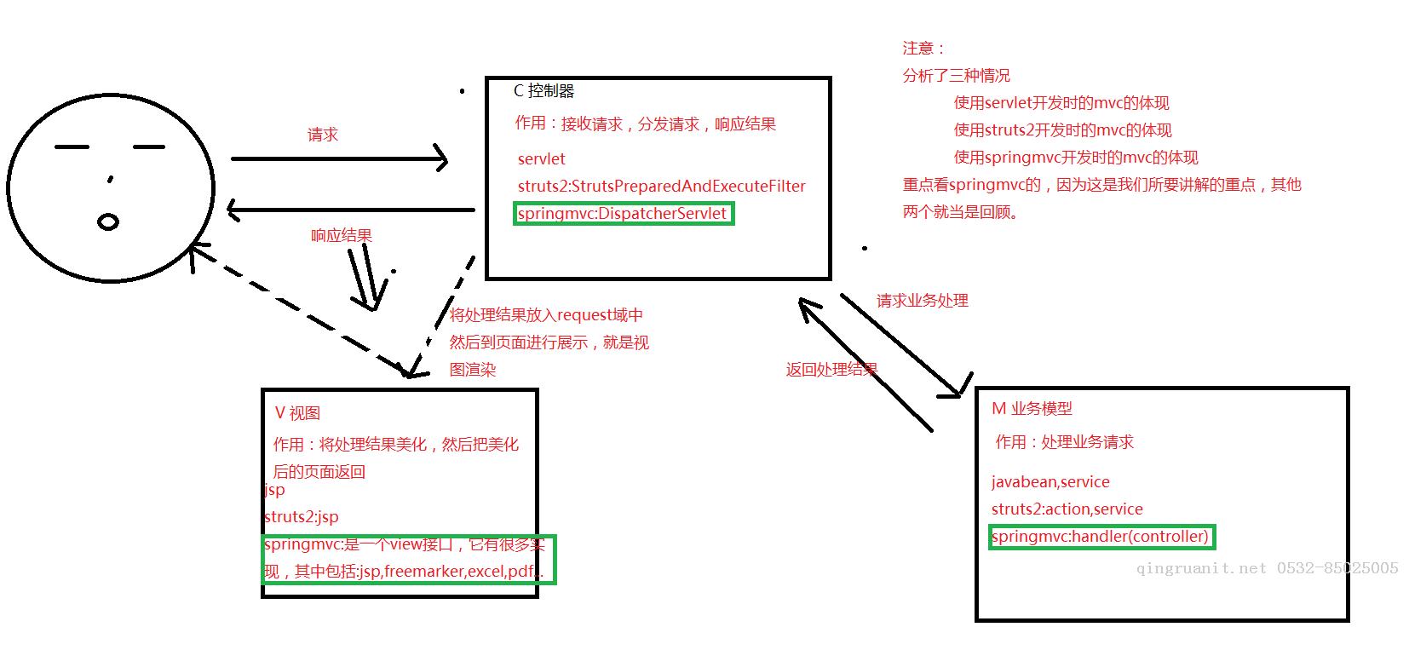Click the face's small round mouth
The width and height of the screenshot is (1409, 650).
(108, 222)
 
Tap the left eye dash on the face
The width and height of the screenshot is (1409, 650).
(72, 147)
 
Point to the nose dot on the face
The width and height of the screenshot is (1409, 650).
(111, 180)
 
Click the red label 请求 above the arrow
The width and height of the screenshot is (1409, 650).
(323, 135)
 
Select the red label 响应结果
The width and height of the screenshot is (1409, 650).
(342, 236)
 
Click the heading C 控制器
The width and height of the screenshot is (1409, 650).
(544, 91)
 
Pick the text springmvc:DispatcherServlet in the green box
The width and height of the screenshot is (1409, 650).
(622, 214)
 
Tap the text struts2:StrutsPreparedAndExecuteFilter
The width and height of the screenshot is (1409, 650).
(661, 187)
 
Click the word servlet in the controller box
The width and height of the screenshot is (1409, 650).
(541, 159)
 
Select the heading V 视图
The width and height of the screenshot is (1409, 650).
(297, 413)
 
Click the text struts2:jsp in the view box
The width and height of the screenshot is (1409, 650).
(302, 517)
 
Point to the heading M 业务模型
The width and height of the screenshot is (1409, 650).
(1032, 409)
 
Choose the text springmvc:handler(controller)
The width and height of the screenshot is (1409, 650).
(1100, 537)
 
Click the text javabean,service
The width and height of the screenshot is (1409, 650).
(1050, 482)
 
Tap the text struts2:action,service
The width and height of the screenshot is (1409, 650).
(1067, 509)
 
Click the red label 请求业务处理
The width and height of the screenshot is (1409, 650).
(922, 301)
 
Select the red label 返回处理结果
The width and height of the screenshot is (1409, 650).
(831, 370)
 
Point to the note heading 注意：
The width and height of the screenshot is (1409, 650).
(923, 49)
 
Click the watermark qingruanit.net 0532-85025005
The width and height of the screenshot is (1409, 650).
(1267, 568)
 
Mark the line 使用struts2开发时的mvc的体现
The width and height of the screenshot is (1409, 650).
(1062, 130)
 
